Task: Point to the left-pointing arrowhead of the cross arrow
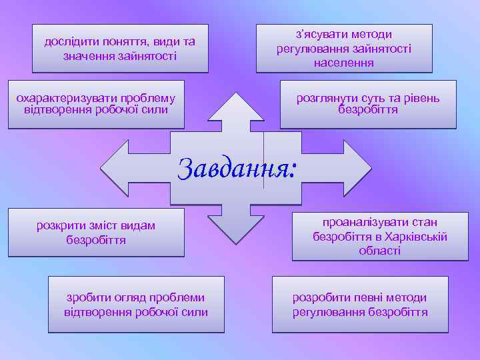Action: point(120,167)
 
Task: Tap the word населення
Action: point(344,63)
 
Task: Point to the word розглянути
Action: point(327,99)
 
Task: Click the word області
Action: point(380,251)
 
